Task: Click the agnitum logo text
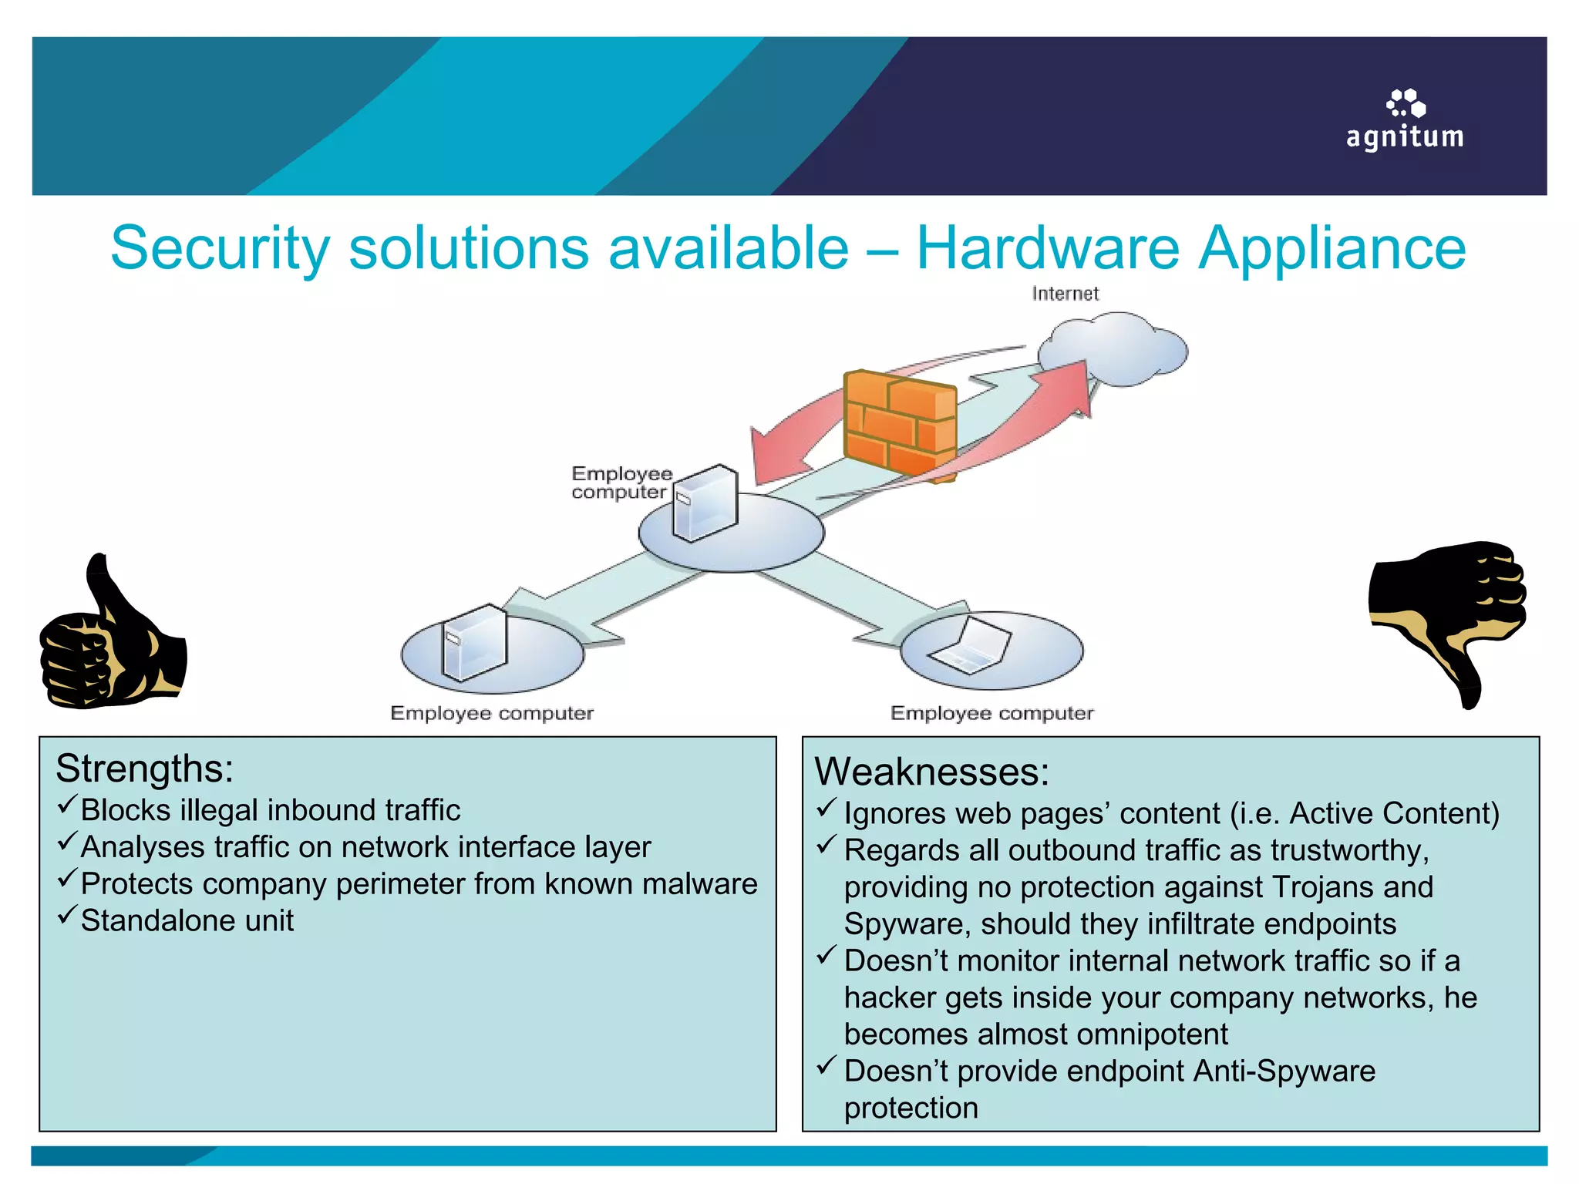(1404, 137)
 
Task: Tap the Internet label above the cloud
(1065, 294)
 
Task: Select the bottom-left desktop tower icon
(473, 642)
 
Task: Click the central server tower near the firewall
(705, 502)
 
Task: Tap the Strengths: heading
(144, 769)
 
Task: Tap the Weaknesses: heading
(931, 772)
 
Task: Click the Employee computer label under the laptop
(992, 713)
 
